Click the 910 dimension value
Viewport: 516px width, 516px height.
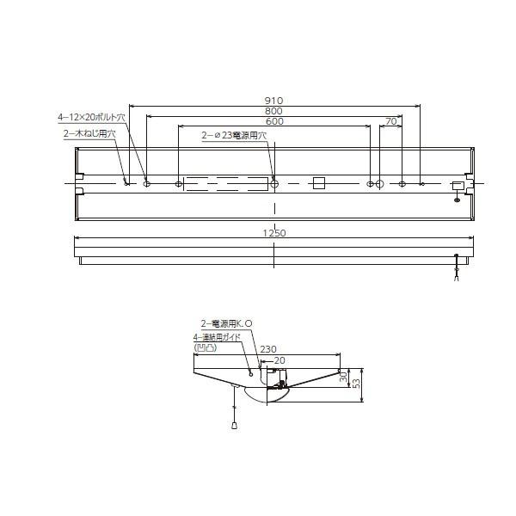point(274,101)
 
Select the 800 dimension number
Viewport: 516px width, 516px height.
point(274,112)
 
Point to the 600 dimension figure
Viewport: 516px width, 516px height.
point(274,122)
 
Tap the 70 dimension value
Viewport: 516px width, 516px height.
point(391,122)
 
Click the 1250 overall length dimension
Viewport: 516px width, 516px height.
point(274,232)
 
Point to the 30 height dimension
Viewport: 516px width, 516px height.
point(344,378)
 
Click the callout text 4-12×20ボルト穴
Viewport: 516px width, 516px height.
point(92,116)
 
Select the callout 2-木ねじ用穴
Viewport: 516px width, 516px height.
point(90,133)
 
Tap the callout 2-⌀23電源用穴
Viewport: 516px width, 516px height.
point(234,135)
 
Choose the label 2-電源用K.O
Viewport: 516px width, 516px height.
point(226,323)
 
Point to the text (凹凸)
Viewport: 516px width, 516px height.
point(206,347)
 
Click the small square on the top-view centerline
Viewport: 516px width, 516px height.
point(319,183)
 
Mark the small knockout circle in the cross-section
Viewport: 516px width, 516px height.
point(251,372)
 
